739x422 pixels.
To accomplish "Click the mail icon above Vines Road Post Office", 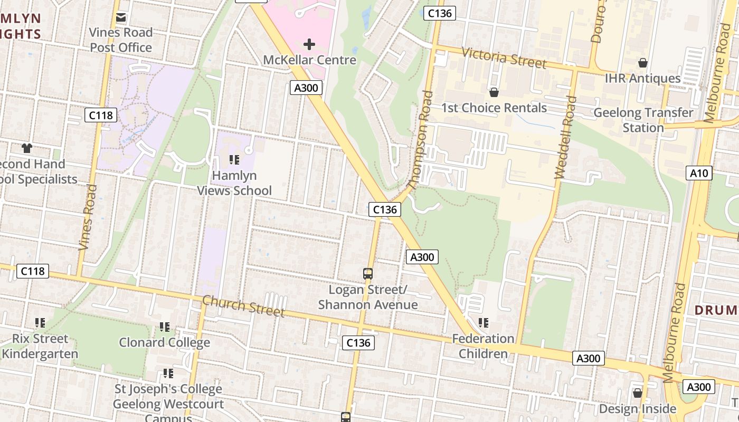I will (121, 17).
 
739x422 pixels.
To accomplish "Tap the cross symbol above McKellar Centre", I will (309, 44).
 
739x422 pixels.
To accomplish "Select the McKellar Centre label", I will (309, 60).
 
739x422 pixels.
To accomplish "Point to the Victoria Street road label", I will (504, 57).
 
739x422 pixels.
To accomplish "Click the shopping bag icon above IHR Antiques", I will (642, 63).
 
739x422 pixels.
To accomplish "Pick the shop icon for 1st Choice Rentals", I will (494, 93).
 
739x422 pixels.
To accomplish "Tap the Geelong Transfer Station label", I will (643, 120).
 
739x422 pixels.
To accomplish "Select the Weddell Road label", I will (563, 138).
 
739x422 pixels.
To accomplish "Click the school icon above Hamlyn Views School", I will (234, 159).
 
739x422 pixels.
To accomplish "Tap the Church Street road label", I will (243, 306).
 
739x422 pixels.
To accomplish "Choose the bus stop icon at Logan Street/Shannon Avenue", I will (368, 274).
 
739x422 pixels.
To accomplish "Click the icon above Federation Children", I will (483, 322).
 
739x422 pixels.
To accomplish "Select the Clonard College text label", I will (164, 342).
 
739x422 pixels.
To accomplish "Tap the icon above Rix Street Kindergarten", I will (40, 322).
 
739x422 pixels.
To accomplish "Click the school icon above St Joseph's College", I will (168, 373).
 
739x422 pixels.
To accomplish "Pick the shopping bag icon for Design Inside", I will (637, 393).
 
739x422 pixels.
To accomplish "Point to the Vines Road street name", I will (88, 217).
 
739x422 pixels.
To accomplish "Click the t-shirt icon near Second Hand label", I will (26, 148).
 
